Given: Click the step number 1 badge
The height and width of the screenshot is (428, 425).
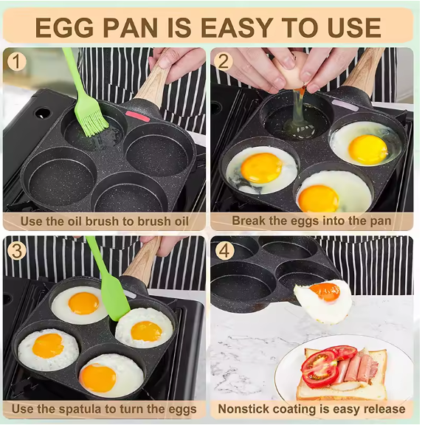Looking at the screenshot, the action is [16, 61].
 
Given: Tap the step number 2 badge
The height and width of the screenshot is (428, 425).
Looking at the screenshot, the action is [224, 61].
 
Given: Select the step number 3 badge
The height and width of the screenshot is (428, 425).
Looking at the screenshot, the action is [16, 250].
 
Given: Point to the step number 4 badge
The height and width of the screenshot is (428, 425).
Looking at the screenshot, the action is [224, 250].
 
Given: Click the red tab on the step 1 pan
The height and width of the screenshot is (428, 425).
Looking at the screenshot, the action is [138, 117].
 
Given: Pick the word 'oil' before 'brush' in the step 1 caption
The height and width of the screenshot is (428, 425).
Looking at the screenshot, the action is [75, 221].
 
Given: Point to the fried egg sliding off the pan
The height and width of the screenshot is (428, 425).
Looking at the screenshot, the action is [323, 300].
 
